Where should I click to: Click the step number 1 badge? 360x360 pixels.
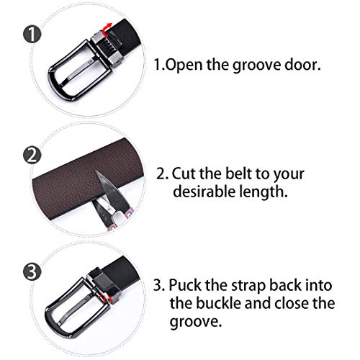pos(32,35)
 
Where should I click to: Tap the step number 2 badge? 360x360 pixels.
pos(32,155)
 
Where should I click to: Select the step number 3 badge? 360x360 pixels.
pos(32,271)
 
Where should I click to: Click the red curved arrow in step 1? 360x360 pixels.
pos(107,29)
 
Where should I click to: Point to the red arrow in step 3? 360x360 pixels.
pos(105,298)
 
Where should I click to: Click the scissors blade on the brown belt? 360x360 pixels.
pos(109,189)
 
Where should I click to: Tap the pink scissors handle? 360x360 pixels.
pos(120,220)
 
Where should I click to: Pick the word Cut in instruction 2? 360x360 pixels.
pos(184,174)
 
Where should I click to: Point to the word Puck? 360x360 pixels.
pos(186,285)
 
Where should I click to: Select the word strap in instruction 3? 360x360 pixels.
pos(248,287)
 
